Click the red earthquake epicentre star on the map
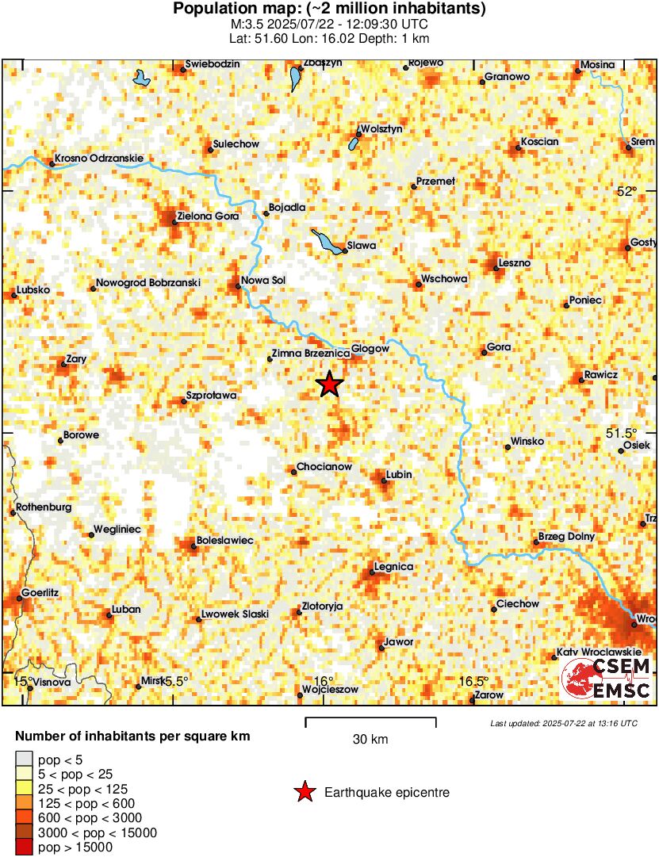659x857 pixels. pos(329,385)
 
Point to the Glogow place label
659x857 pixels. pos(370,349)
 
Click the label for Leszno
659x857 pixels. pos(515,262)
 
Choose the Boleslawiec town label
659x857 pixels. pos(224,540)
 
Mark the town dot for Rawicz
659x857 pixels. pos(581,381)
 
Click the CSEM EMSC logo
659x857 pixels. pos(607,679)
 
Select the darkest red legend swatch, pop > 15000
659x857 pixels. pos(25,847)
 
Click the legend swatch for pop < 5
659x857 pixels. pos(25,759)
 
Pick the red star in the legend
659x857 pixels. pos(304,791)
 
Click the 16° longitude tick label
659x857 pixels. pos(323,681)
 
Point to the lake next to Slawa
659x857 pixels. pos(328,241)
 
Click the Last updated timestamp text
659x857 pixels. pos(563,723)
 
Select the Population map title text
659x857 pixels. pos(329,10)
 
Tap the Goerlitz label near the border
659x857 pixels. pos(40,592)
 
